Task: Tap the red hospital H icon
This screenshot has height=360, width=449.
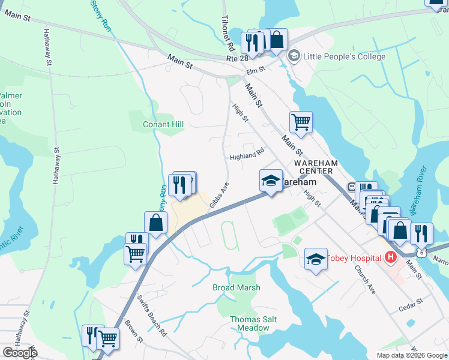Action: coord(391,258)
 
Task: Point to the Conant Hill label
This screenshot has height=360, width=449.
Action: coord(163,124)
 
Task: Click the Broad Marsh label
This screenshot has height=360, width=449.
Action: coord(237,287)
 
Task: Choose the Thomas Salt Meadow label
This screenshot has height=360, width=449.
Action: coord(253,324)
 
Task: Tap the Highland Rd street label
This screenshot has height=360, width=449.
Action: coord(247,155)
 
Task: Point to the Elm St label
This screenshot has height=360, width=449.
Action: coord(256,71)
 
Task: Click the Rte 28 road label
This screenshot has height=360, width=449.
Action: coord(237,59)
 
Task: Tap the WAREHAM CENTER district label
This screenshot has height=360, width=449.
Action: coord(316,167)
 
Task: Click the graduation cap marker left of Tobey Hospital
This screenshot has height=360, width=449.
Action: coord(316,259)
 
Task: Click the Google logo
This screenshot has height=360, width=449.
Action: coord(20,353)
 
